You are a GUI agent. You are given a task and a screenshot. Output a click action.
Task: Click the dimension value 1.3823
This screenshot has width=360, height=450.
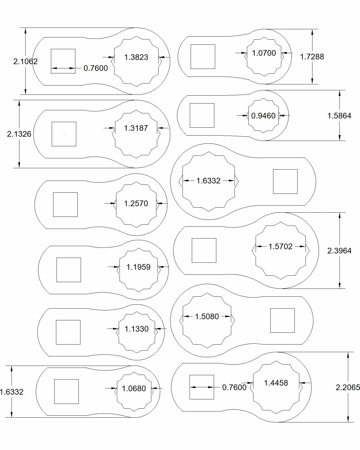coord(136,57)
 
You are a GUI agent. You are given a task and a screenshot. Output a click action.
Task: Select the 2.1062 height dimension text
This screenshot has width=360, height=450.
coord(25,61)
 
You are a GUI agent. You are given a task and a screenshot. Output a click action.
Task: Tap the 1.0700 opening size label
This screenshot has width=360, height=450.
coord(264,53)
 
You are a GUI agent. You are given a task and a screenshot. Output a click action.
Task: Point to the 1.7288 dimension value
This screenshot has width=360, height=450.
coord(312,57)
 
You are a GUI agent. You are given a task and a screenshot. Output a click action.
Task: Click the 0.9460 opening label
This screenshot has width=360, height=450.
coord(263,116)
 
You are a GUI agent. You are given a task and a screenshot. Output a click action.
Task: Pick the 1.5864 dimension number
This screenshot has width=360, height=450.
coord(339,116)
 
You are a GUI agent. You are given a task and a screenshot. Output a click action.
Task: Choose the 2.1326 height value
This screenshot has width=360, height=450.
coord(19,134)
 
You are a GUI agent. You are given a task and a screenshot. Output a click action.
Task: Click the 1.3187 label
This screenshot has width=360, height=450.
coord(136,128)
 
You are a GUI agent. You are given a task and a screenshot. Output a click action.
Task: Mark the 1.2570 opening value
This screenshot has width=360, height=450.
coord(136,203)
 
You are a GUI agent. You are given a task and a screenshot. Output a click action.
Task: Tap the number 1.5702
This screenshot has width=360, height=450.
coord(280,247)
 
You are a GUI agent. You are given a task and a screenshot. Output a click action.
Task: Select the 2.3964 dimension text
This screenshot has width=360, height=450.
coord(339,251)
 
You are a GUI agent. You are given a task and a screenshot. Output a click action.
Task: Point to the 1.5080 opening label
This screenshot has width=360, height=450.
coord(207,317)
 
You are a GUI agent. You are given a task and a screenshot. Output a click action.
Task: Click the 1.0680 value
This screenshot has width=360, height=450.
coord(134,389)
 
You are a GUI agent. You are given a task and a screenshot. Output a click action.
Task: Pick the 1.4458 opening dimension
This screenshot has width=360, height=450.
coord(276,383)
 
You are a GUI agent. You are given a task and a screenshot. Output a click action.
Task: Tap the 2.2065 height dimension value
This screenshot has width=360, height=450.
coord(348,388)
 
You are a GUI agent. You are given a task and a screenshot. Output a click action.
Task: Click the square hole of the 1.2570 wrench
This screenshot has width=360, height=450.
coord(65,204)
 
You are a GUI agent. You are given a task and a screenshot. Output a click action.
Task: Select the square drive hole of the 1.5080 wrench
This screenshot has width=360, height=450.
coord(282,320)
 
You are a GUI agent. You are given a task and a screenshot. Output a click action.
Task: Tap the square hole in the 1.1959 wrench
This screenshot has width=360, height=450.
coord(69,270)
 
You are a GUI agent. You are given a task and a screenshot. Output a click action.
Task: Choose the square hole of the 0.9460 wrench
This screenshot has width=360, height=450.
coord(202,115)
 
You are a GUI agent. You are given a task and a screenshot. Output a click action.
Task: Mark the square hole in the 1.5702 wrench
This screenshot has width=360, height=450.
coord(204,250)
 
